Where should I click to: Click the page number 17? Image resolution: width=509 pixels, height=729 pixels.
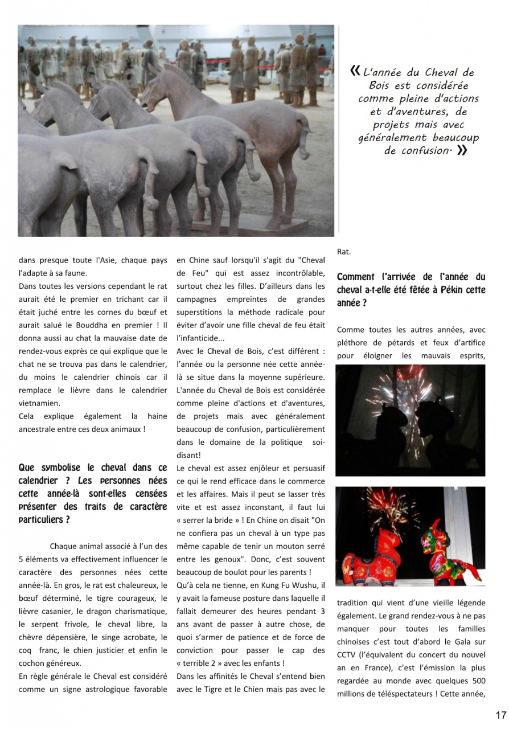coord(500,715)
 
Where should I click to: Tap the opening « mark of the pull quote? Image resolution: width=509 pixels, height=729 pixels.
coord(355,71)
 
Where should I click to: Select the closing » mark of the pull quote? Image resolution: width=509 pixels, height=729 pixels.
coord(462,150)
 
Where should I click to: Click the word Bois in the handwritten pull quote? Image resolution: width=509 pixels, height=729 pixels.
coord(379,85)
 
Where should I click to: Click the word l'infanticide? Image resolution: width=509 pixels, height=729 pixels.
coord(197,338)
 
